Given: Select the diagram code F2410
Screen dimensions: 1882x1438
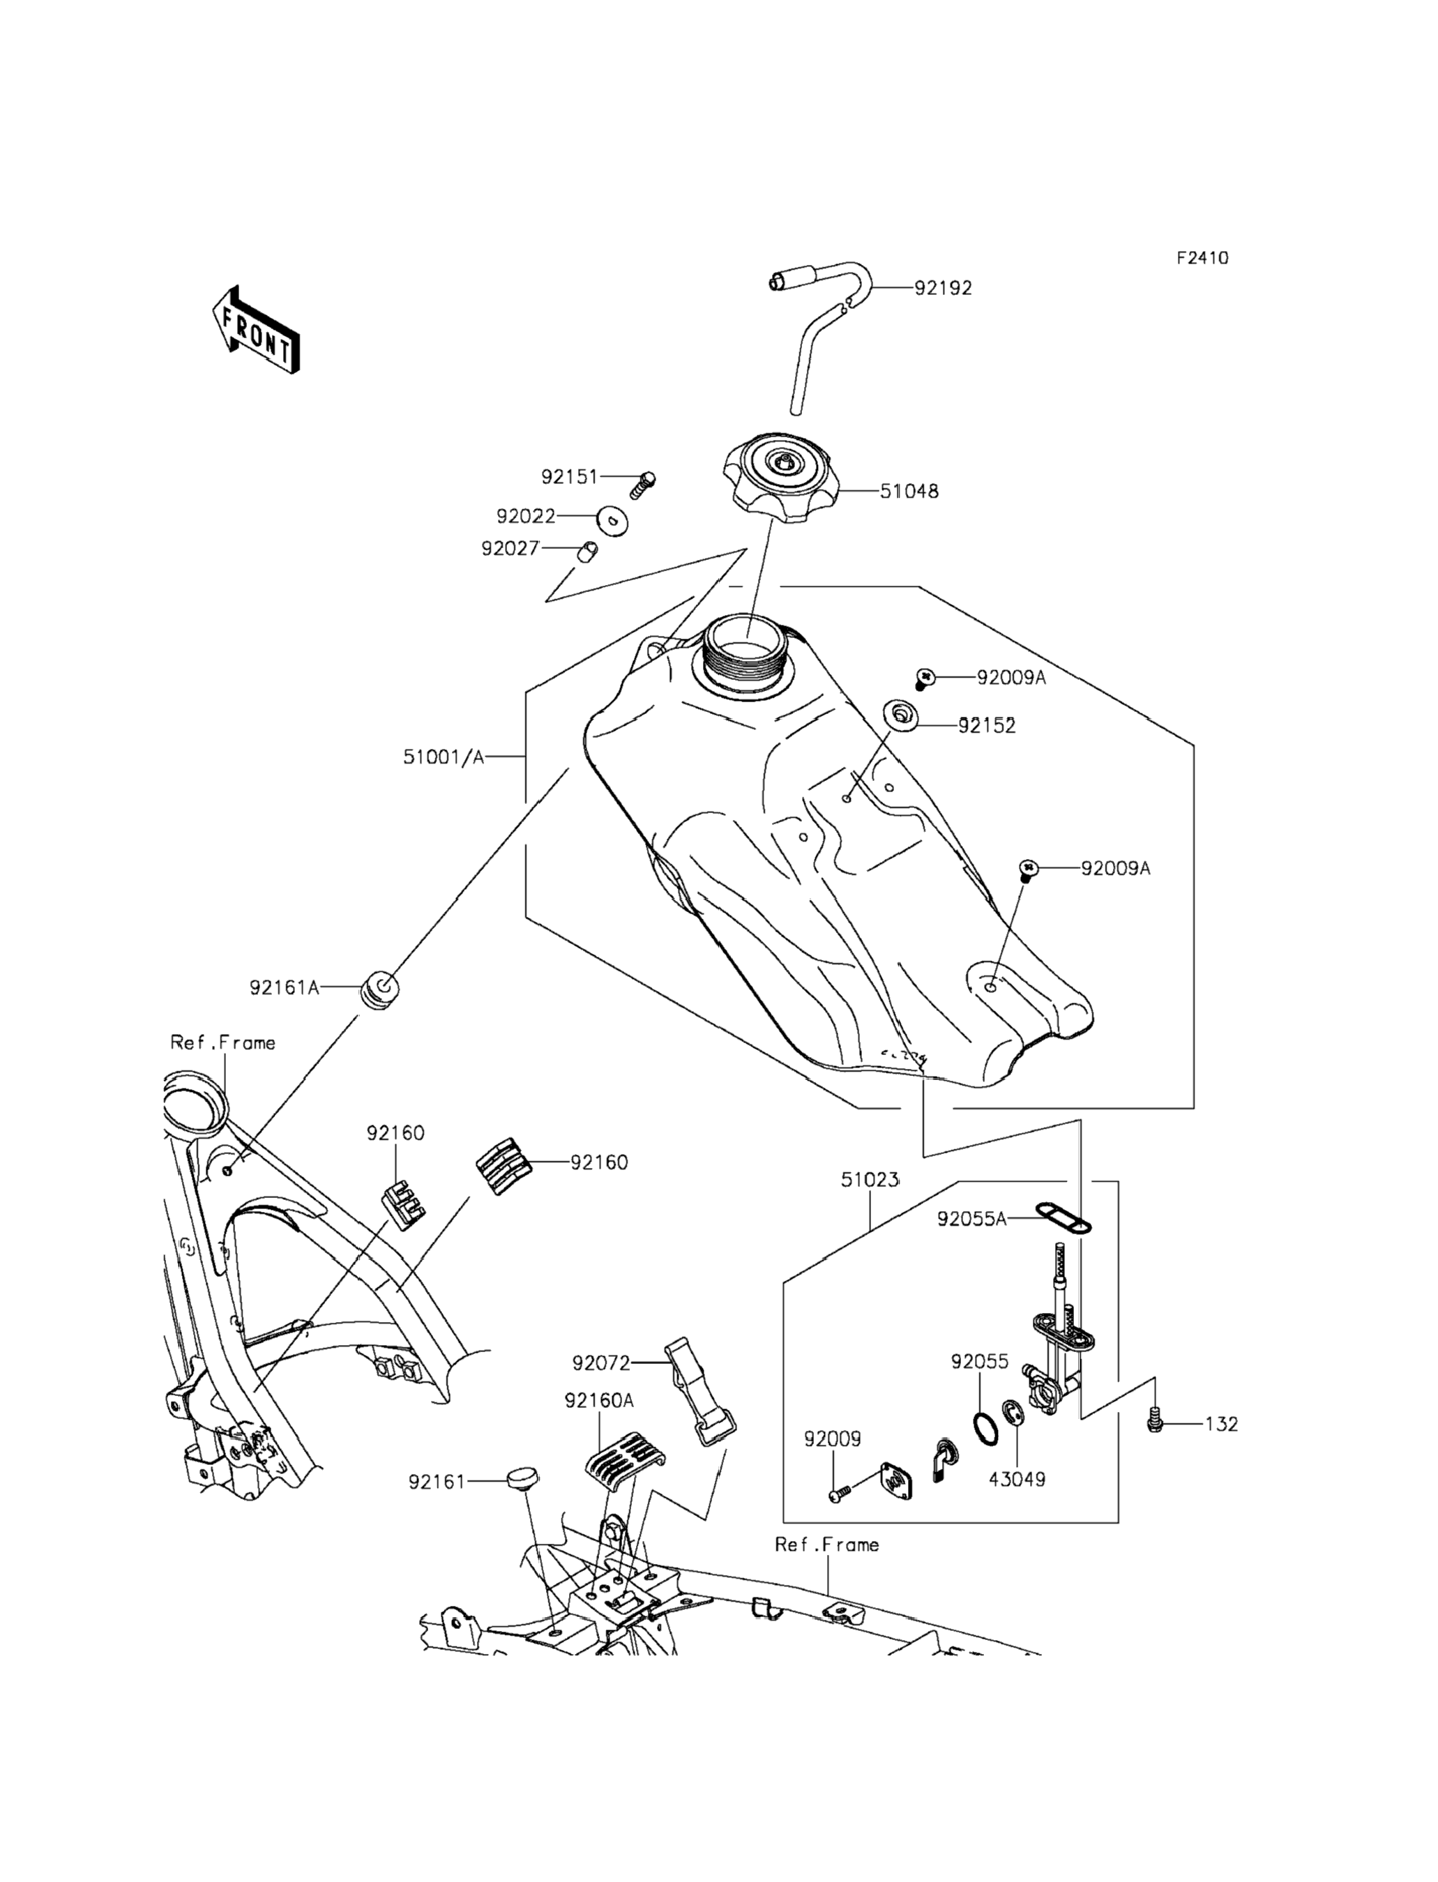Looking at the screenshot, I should point(1202,257).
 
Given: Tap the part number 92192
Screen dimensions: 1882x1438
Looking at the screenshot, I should point(944,289).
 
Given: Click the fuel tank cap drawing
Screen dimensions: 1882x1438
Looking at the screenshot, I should point(780,474).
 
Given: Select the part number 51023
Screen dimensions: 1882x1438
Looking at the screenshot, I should point(870,1181).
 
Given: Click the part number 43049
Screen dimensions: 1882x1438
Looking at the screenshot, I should point(1017,1479).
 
